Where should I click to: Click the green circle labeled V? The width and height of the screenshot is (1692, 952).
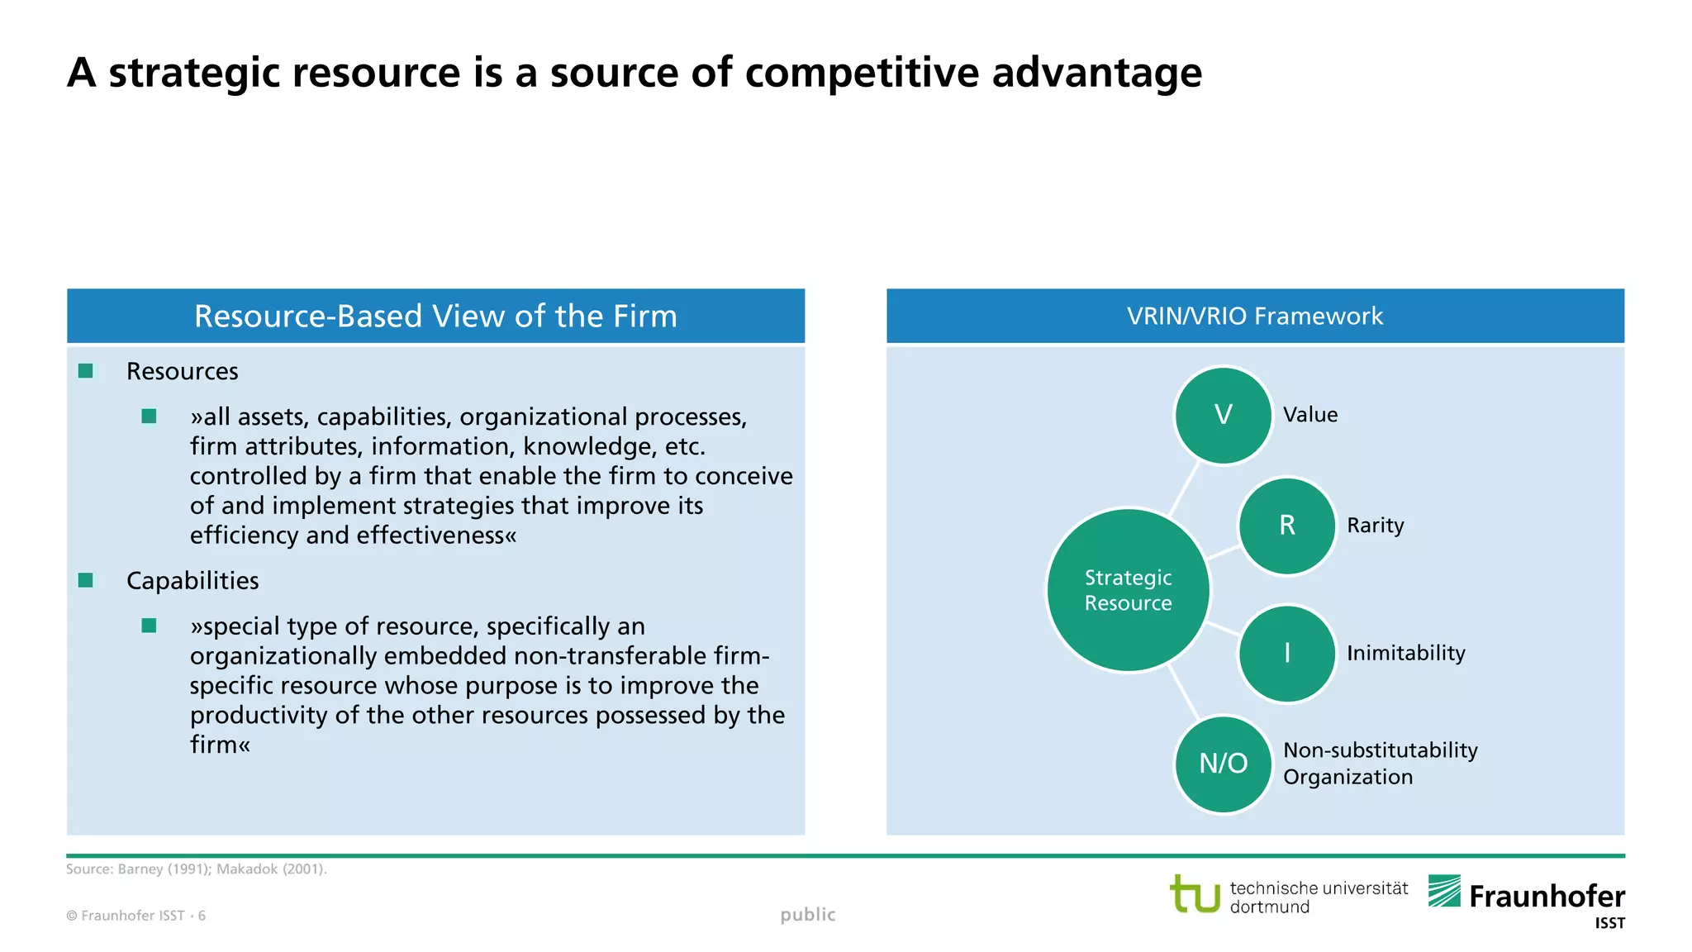point(1223,415)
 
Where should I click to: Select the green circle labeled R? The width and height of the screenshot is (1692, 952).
point(1286,526)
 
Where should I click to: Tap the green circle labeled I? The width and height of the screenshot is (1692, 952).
point(1286,653)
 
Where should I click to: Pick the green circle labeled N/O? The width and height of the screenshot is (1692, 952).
point(1223,764)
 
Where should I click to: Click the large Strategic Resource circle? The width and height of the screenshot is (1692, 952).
point(1128,590)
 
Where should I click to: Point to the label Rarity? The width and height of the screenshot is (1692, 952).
point(1375,526)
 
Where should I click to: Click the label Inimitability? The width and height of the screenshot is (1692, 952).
point(1405,653)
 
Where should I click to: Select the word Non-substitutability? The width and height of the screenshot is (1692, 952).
point(1380,750)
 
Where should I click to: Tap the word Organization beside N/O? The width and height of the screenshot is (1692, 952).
point(1347,777)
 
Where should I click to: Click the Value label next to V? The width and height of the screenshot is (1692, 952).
point(1309,415)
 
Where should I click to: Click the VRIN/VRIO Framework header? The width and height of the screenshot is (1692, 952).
point(1254,316)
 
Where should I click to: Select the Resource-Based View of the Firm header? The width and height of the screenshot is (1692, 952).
point(435,316)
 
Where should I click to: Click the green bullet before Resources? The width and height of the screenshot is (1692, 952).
point(86,371)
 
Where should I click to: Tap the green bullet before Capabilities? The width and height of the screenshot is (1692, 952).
point(86,580)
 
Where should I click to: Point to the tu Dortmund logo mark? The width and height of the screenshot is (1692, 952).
point(1195,894)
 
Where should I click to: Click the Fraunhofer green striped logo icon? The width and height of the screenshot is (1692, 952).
point(1444,891)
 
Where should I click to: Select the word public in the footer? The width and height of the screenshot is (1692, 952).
point(808,914)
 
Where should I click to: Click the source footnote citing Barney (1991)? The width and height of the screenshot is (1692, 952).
point(197,869)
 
